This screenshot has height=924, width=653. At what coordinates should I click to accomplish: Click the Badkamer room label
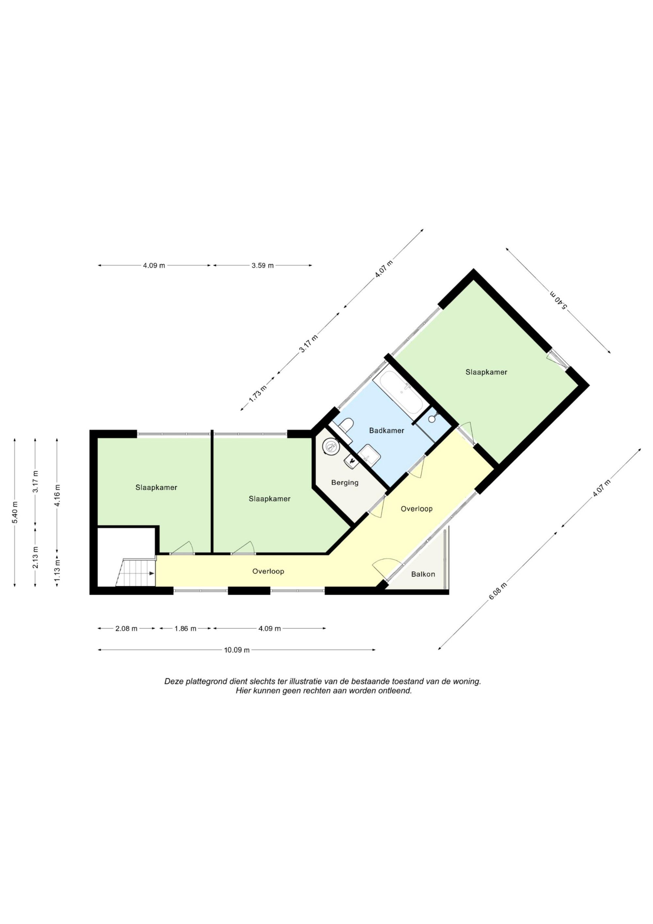click(x=386, y=430)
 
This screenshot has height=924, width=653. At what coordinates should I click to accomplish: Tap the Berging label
click(x=345, y=482)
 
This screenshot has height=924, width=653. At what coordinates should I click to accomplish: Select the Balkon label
click(x=423, y=574)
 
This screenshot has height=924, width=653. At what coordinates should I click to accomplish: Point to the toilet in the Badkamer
click(x=345, y=426)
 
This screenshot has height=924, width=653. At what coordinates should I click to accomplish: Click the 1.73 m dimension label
click(x=258, y=394)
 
